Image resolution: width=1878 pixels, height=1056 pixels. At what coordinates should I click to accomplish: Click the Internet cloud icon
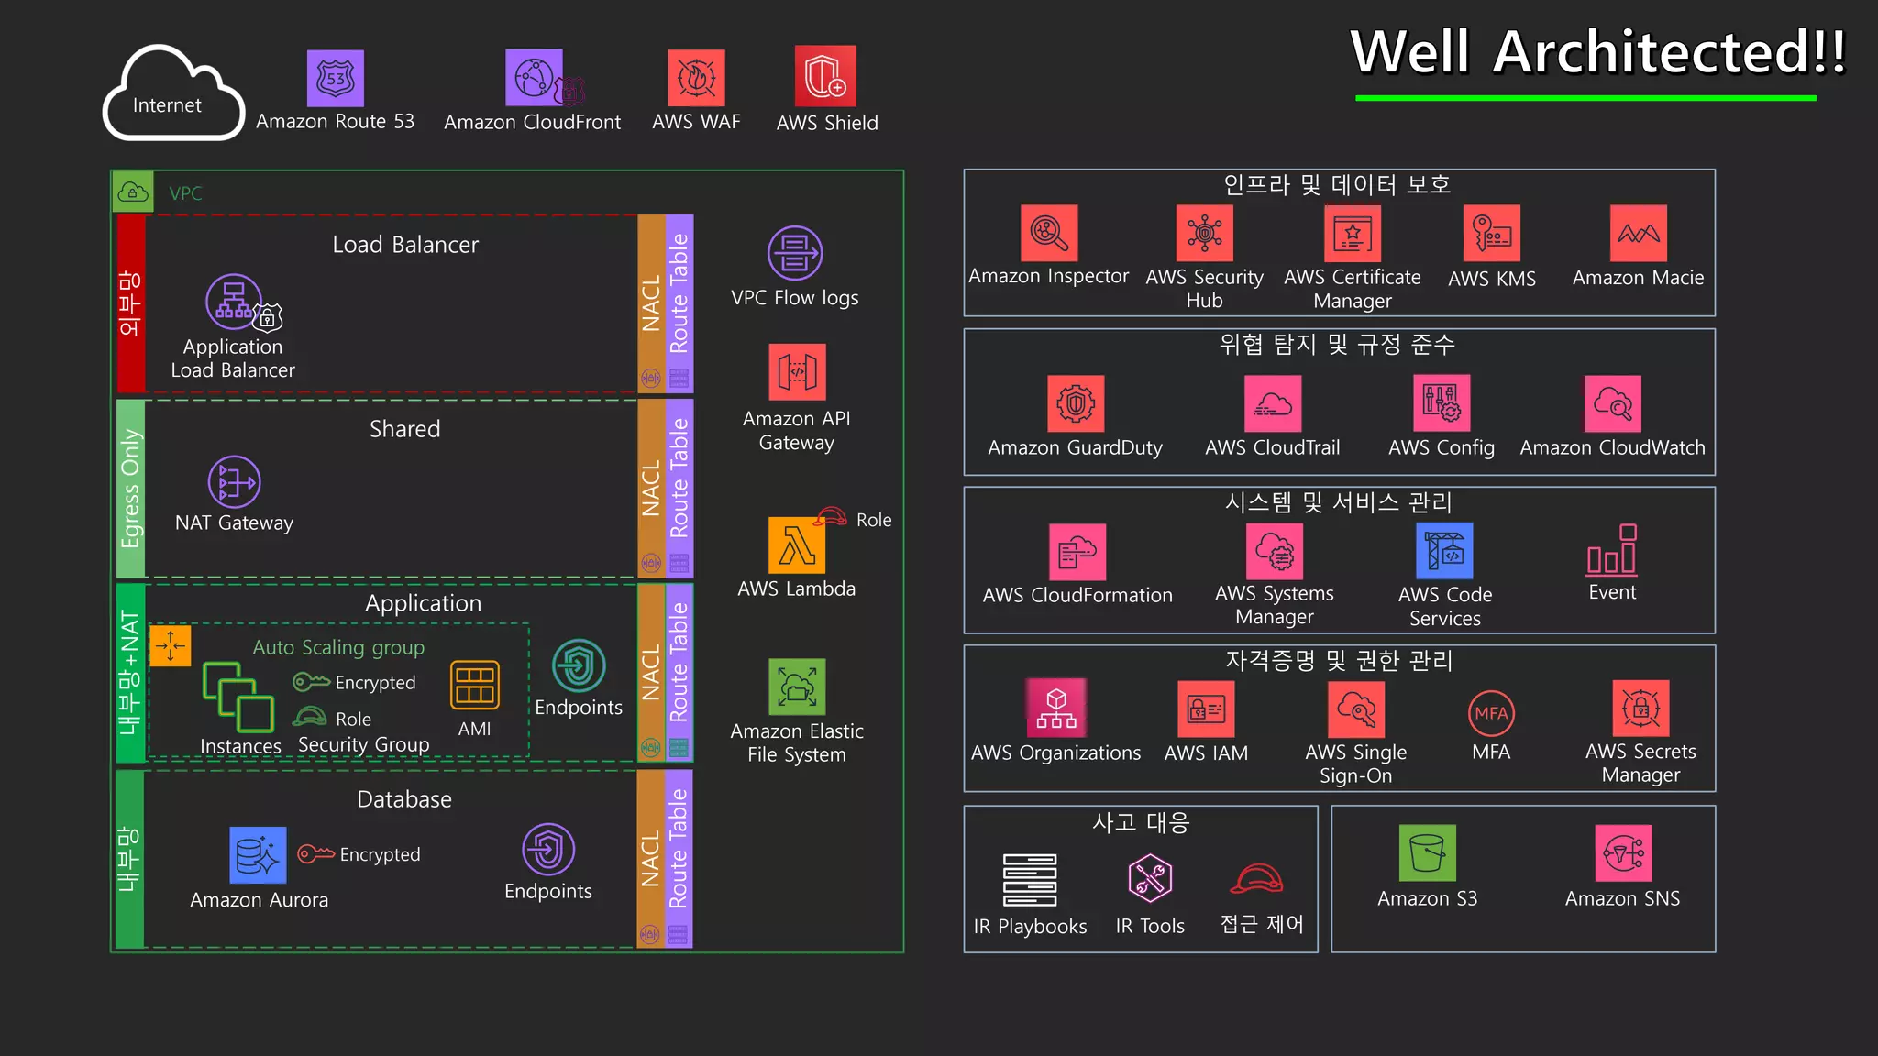pyautogui.click(x=172, y=93)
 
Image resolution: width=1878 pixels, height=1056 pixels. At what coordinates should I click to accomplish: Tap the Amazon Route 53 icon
pyautogui.click(x=335, y=79)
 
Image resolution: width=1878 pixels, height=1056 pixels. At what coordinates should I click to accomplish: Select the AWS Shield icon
pyautogui.click(x=825, y=77)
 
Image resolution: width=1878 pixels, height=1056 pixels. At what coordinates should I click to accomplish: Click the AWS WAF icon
pyautogui.click(x=696, y=79)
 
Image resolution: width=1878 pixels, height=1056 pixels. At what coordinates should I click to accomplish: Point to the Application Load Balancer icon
pyautogui.click(x=235, y=302)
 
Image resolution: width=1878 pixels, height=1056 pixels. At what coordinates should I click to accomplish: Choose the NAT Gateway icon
pyautogui.click(x=234, y=482)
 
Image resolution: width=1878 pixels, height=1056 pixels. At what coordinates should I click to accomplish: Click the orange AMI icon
pyautogui.click(x=475, y=685)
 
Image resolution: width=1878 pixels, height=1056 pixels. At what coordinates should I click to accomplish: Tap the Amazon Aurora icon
pyautogui.click(x=258, y=855)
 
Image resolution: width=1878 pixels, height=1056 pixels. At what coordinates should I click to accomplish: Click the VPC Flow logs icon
pyautogui.click(x=795, y=253)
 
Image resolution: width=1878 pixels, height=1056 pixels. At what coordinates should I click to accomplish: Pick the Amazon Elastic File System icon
pyautogui.click(x=797, y=687)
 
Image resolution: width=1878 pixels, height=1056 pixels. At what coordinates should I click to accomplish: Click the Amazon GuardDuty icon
pyautogui.click(x=1076, y=403)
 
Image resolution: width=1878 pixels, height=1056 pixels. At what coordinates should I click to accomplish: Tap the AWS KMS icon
pyautogui.click(x=1491, y=234)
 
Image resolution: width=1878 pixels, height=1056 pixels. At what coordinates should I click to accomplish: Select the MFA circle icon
pyautogui.click(x=1491, y=713)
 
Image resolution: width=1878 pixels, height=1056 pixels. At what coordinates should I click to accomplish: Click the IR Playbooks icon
pyautogui.click(x=1030, y=880)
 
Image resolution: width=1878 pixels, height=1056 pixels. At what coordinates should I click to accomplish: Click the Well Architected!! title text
pyautogui.click(x=1597, y=52)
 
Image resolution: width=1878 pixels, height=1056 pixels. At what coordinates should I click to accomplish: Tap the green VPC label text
pyautogui.click(x=185, y=193)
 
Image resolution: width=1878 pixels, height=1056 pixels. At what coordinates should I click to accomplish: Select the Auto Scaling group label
pyautogui.click(x=338, y=647)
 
